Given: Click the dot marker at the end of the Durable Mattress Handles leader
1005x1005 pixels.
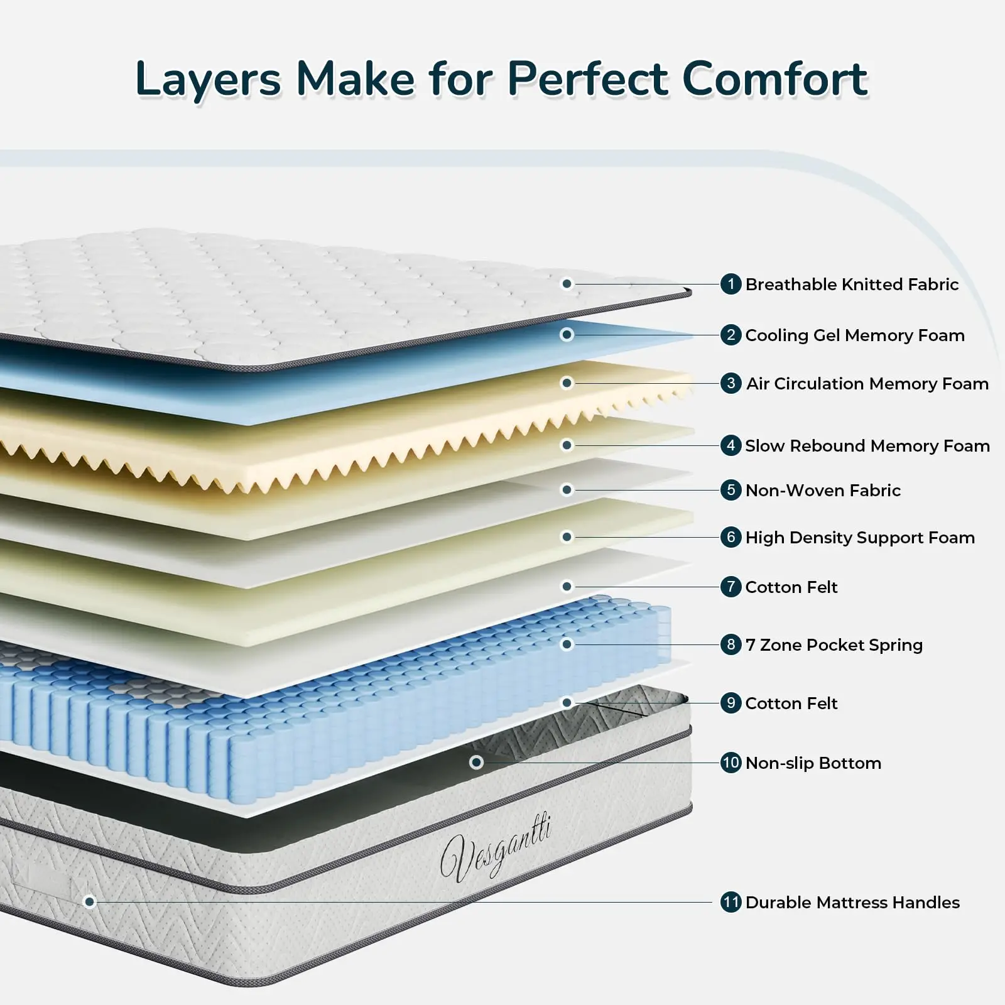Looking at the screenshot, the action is point(90,902).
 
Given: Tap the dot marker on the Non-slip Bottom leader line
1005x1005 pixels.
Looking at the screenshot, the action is point(476,762).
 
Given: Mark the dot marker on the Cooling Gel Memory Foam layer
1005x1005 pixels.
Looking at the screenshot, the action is point(567,335).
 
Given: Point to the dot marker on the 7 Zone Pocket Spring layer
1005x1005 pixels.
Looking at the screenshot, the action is point(567,644).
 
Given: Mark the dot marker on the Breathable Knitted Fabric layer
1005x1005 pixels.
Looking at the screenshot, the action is point(567,284).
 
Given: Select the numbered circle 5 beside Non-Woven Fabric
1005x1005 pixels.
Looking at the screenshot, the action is point(731,490).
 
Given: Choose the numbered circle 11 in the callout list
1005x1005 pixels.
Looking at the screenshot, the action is point(731,903).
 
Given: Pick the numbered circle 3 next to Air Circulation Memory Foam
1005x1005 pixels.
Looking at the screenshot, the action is point(731,383).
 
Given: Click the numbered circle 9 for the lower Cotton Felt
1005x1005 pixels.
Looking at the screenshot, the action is point(731,703).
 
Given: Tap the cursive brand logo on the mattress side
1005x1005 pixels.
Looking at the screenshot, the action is point(496,848).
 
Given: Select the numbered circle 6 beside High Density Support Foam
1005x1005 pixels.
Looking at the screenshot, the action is point(731,537).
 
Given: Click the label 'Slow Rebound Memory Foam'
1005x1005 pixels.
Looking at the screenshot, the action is point(867,446).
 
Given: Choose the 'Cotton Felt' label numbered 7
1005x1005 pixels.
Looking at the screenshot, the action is point(791,587).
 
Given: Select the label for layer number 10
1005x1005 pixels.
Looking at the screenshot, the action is point(813,763).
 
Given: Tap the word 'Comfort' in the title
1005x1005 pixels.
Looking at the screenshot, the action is point(775,79).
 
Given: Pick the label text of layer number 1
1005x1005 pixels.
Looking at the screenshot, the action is point(852,285).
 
